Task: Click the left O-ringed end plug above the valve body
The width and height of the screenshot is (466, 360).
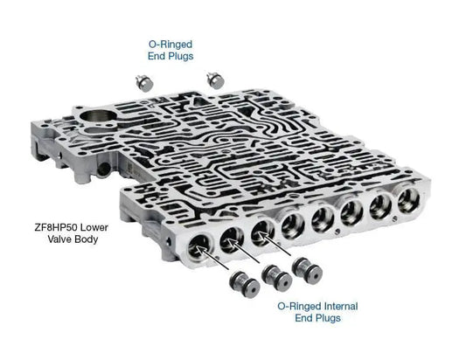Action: pyautogui.click(x=144, y=83)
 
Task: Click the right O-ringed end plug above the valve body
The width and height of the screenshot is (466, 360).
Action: pyautogui.click(x=215, y=80)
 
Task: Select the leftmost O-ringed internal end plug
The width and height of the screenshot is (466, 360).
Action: pyautogui.click(x=245, y=284)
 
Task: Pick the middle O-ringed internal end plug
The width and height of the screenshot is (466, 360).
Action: pyautogui.click(x=276, y=277)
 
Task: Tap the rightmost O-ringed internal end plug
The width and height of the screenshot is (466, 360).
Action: pyautogui.click(x=307, y=271)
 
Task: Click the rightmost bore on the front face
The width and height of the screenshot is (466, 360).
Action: pyautogui.click(x=409, y=200)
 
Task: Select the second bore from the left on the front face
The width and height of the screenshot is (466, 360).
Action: pyautogui.click(x=232, y=240)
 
